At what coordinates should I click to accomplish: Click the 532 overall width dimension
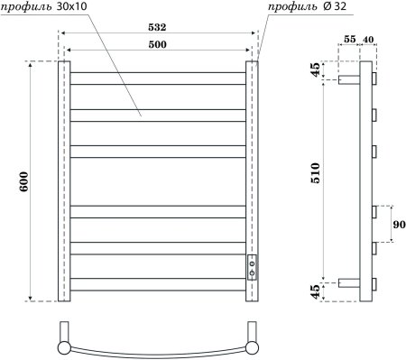[x=159, y=29]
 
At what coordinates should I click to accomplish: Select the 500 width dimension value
[x=159, y=44]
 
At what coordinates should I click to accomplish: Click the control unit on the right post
[x=253, y=266]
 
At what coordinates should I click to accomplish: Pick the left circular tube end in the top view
[x=65, y=346]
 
